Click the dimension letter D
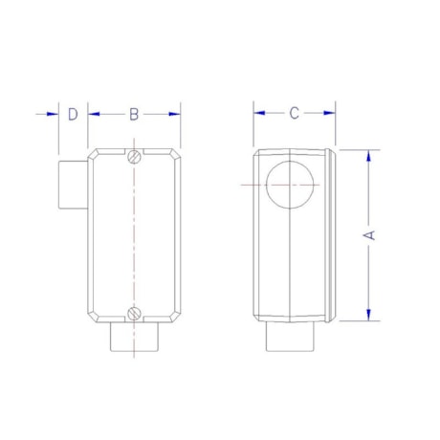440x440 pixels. (x=73, y=114)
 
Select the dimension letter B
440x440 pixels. (x=135, y=114)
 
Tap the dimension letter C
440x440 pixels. (x=295, y=113)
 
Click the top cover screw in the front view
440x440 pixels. (x=135, y=155)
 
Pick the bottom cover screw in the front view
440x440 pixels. (x=135, y=312)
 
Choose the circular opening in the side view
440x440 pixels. (x=288, y=184)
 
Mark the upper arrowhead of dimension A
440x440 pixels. (x=370, y=155)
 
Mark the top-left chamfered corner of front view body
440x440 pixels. (x=94, y=153)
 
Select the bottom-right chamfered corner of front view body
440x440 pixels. (x=176, y=315)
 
